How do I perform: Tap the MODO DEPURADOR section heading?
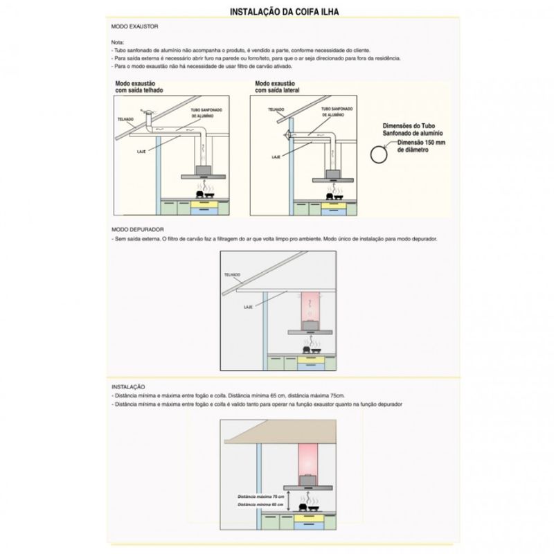137,229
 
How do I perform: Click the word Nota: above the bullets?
118,43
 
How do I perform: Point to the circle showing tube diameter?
377,154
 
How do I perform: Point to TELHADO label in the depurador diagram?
232,275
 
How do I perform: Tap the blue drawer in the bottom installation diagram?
306,526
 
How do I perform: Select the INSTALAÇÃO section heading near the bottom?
128,386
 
